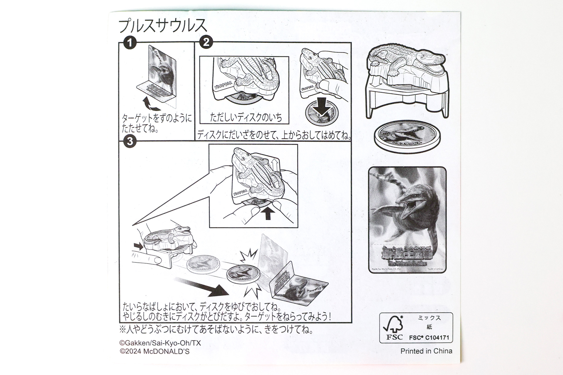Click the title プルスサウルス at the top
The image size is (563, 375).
coord(163,26)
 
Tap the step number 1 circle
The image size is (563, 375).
coord(130,43)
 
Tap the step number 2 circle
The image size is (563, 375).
coord(206,42)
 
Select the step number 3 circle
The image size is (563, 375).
coord(130,142)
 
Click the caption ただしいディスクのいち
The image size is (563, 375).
coord(246,117)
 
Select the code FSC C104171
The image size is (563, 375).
coord(429,337)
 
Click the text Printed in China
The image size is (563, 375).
coord(426,351)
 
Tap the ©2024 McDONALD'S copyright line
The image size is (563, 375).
coord(155,352)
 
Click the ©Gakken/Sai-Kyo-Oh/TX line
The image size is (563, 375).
coord(160,343)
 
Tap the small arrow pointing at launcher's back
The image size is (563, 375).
coord(139,246)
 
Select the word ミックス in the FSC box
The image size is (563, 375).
coord(429,318)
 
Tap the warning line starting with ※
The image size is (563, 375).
coord(216,330)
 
